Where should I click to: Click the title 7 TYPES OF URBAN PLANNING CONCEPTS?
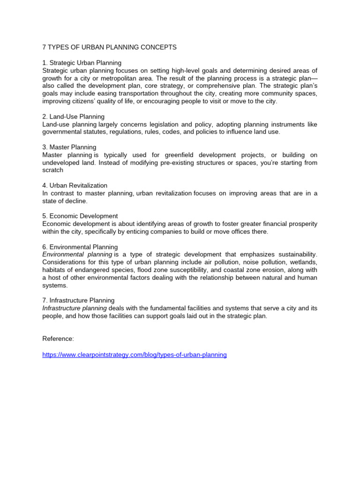(x=109, y=47)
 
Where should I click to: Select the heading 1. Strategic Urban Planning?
(x=82, y=63)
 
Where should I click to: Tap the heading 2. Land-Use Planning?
(x=73, y=117)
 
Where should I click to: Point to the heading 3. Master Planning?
(x=69, y=147)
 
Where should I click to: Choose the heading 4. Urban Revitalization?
(x=75, y=186)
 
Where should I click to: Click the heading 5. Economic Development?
(x=80, y=216)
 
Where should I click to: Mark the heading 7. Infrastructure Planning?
(x=78, y=300)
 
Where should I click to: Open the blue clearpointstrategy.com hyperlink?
(x=135, y=355)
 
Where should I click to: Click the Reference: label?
(x=58, y=339)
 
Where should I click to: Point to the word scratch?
(x=52, y=170)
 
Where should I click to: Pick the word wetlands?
(x=302, y=262)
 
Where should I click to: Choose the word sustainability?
(x=295, y=255)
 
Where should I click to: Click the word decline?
(x=77, y=201)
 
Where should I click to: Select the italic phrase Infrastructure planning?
(x=75, y=308)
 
